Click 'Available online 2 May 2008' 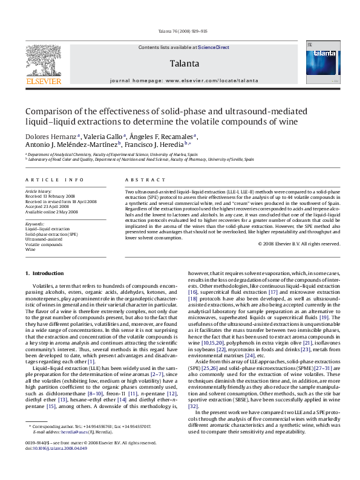(x=51, y=212)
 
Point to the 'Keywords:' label (x=35, y=224)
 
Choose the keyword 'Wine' (x=30, y=249)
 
